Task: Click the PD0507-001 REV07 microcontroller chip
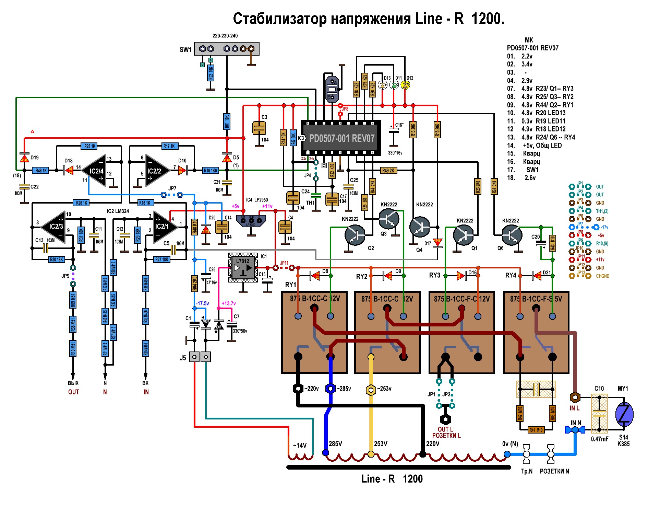point(341,138)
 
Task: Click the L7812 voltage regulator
point(243,267)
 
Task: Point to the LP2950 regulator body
point(251,221)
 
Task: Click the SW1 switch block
point(227,49)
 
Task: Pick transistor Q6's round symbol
point(512,235)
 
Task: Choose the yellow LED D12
point(405,85)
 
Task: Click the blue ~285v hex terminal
point(330,389)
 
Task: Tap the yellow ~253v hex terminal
point(371,390)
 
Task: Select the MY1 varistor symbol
point(624,414)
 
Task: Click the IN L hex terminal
point(575,397)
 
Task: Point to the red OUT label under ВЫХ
point(73,392)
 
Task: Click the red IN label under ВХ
point(146,392)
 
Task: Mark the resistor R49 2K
point(388,170)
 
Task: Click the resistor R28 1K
point(90,146)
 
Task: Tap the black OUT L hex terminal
point(445,419)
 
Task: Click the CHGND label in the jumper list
point(602,276)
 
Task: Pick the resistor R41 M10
point(536,430)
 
